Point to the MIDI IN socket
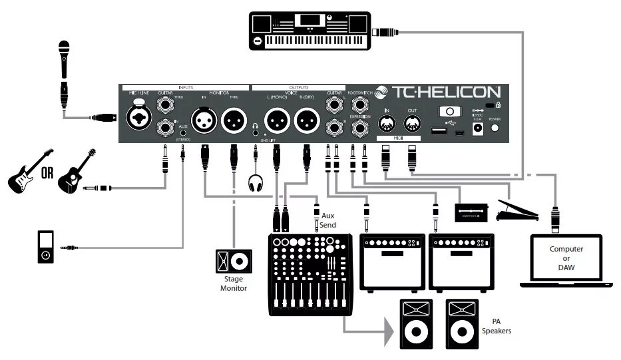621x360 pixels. pyautogui.click(x=387, y=124)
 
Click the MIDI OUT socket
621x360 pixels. pyautogui.click(x=412, y=124)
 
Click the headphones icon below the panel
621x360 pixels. pyautogui.click(x=256, y=182)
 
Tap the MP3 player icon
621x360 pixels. pyautogui.click(x=44, y=248)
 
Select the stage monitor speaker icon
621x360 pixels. pyautogui.click(x=234, y=260)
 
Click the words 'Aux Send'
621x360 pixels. pyautogui.click(x=328, y=220)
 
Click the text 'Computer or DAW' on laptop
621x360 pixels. pyautogui.click(x=566, y=258)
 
